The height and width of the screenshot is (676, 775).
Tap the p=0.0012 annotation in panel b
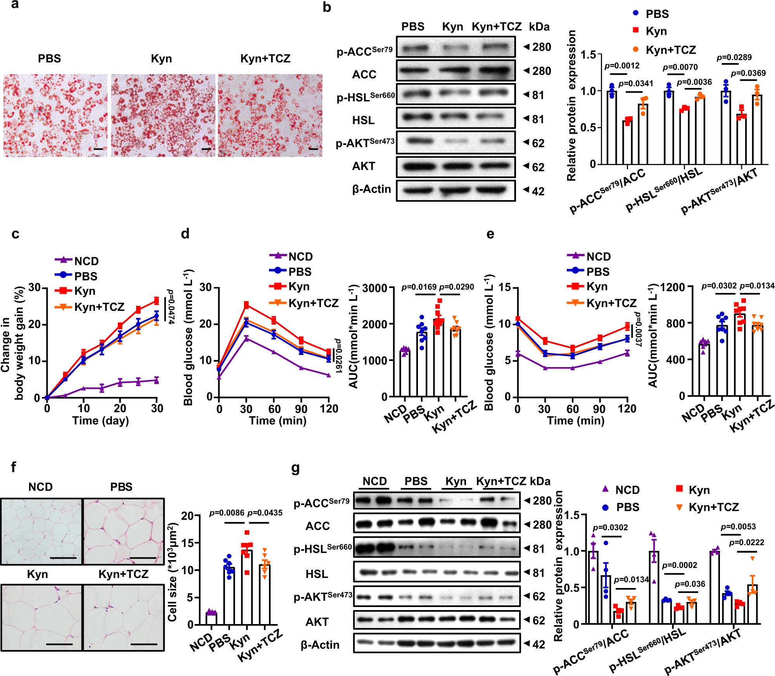click(622, 66)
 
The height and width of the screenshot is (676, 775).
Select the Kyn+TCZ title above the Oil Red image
click(265, 59)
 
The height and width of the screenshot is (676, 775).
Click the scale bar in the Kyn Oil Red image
click(206, 149)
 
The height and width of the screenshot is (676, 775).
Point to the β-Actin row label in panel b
click(371, 189)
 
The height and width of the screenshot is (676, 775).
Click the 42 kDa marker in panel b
click(538, 191)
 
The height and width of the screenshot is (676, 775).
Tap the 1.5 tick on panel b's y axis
click(588, 55)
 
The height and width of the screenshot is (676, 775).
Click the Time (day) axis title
click(100, 421)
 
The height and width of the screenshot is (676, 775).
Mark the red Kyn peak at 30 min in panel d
click(246, 305)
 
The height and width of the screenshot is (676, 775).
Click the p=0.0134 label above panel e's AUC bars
click(757, 286)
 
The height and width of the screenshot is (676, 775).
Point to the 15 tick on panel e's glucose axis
click(504, 288)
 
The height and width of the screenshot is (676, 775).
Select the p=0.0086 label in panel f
click(227, 513)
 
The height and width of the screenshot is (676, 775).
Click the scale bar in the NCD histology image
click(63, 558)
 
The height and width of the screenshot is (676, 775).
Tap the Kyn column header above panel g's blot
click(456, 481)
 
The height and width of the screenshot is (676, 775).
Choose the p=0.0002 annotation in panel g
click(679, 565)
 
